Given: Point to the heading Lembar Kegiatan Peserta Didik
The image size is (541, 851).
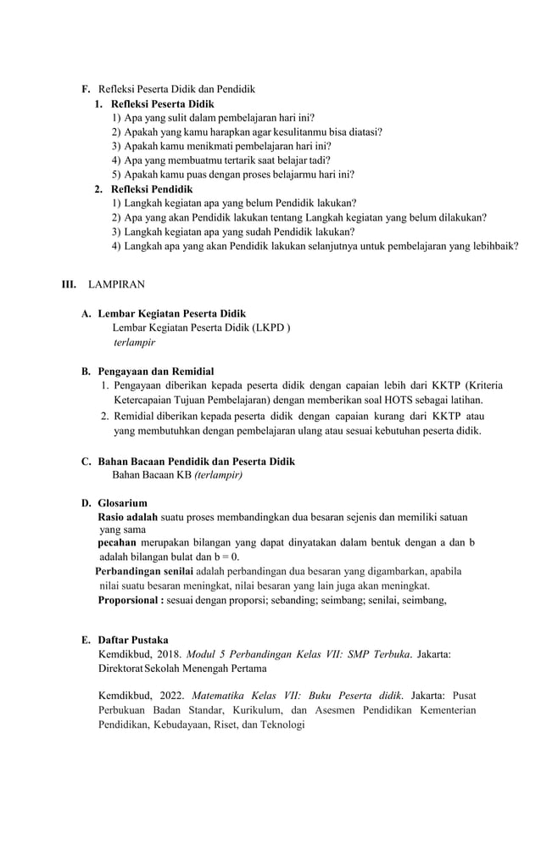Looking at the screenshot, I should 171,314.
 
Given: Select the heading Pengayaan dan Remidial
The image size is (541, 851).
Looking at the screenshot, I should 155,372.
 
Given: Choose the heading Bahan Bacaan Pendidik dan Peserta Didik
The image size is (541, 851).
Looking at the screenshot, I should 196,462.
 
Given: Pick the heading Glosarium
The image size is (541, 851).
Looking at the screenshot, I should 122,503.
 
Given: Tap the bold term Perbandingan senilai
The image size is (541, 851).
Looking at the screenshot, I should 144,571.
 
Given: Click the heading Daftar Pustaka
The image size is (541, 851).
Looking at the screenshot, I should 132,640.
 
